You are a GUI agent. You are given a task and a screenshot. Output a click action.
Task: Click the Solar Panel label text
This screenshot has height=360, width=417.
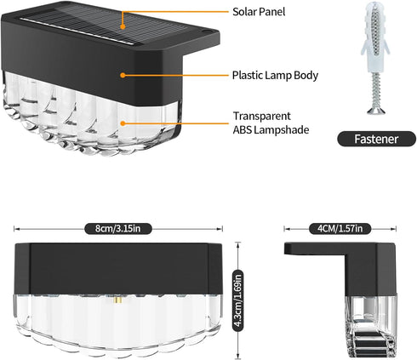259,12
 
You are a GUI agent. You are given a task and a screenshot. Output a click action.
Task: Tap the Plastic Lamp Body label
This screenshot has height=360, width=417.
275,76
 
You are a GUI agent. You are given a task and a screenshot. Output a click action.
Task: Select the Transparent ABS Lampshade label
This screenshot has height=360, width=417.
271,123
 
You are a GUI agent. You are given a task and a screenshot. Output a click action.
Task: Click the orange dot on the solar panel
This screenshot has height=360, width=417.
123,27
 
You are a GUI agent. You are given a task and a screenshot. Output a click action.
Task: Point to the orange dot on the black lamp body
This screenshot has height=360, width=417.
123,75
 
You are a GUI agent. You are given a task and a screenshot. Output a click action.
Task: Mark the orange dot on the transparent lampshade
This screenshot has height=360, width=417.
123,123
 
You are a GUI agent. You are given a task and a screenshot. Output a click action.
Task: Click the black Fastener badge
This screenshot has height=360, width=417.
376,139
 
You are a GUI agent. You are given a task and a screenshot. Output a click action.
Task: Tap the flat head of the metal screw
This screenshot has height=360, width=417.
376,111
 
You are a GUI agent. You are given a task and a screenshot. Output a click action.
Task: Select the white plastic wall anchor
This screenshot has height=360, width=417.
375,37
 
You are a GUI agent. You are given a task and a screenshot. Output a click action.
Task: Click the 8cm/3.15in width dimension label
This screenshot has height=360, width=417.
118,228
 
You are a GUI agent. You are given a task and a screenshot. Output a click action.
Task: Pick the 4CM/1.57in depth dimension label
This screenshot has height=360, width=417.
340,228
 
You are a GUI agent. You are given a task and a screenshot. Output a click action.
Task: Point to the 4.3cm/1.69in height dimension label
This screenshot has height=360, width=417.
238,300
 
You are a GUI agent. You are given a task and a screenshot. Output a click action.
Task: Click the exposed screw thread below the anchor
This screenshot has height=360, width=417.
377,89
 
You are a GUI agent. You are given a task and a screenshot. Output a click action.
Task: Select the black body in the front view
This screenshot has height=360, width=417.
118,268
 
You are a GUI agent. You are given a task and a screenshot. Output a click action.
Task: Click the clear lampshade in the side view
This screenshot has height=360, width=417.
370,326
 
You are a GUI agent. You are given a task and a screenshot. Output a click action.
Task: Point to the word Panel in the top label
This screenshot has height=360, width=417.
271,12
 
